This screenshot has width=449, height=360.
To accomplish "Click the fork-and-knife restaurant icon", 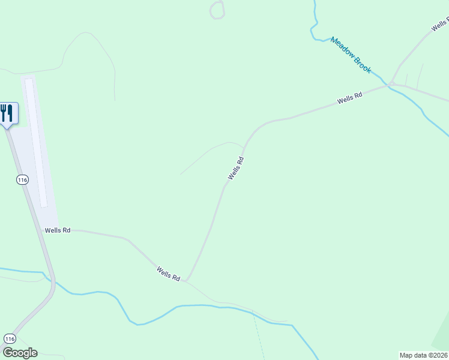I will pyautogui.click(x=7, y=113).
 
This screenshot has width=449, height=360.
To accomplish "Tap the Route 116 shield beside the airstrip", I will pyautogui.click(x=22, y=180).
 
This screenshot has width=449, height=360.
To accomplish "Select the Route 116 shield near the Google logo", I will pyautogui.click(x=9, y=338).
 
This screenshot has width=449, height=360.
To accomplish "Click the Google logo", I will pyautogui.click(x=20, y=353).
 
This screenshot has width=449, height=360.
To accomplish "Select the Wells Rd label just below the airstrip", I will pyautogui.click(x=58, y=230).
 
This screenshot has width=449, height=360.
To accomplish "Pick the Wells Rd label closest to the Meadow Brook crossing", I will pyautogui.click(x=350, y=98).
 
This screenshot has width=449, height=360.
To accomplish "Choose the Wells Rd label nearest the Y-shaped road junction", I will pyautogui.click(x=169, y=274).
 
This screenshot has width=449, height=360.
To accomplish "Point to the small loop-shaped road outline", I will pyautogui.click(x=217, y=10).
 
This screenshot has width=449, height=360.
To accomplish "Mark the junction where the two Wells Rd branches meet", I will pyautogui.click(x=187, y=280).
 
